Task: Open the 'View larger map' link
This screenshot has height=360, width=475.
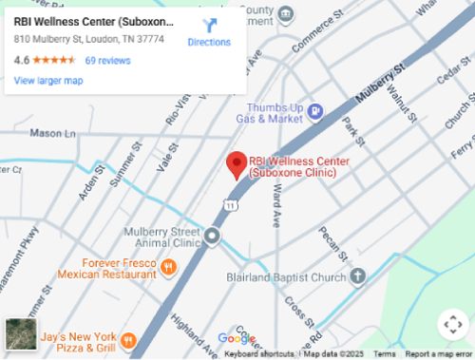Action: pyautogui.click(x=48, y=81)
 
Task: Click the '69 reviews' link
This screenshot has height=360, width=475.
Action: pyautogui.click(x=107, y=61)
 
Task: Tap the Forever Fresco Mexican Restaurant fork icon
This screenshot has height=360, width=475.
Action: pyautogui.click(x=168, y=267)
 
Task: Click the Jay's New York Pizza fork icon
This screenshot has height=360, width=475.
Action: pyautogui.click(x=128, y=339)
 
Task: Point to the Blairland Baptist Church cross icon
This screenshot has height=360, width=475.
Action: pyautogui.click(x=357, y=276)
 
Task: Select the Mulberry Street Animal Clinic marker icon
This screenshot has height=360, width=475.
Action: pyautogui.click(x=212, y=236)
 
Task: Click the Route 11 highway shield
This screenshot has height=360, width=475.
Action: pyautogui.click(x=231, y=204)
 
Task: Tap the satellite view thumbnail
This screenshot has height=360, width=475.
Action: pyautogui.click(x=20, y=334)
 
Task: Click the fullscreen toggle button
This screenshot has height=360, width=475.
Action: pyautogui.click(x=452, y=324)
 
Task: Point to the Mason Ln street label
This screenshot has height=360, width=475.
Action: pyautogui.click(x=51, y=134)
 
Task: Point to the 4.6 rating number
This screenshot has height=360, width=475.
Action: pyautogui.click(x=22, y=61)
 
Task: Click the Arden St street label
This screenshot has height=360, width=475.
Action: pyautogui.click(x=90, y=179)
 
